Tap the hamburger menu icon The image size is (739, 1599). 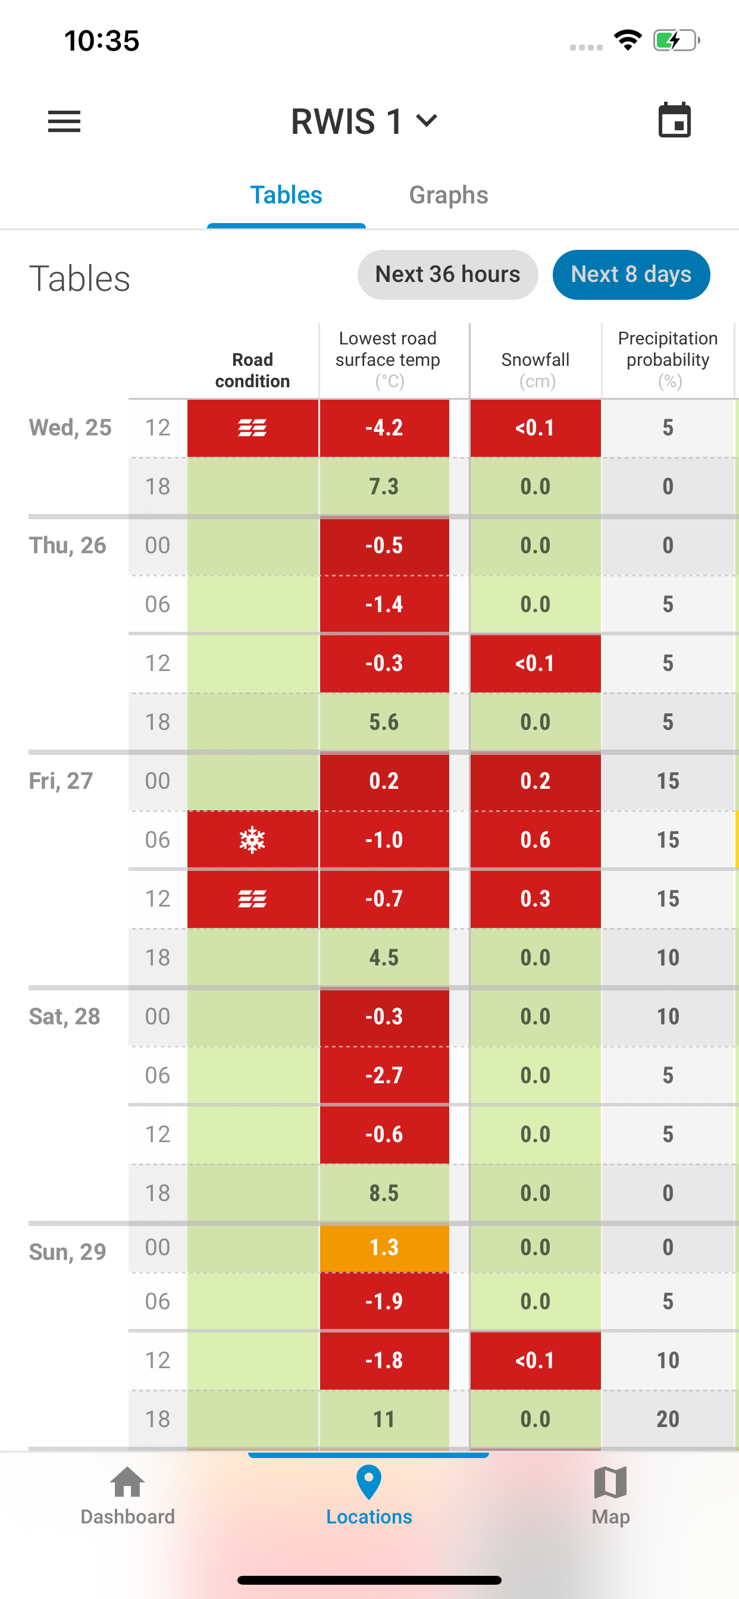pyautogui.click(x=64, y=121)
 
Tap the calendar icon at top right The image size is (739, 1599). pyautogui.click(x=674, y=120)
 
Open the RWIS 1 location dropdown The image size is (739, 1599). pyautogui.click(x=365, y=121)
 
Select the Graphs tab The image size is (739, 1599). pyautogui.click(x=449, y=195)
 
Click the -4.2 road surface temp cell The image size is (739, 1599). pyautogui.click(x=384, y=428)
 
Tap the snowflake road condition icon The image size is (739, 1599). pyautogui.click(x=252, y=840)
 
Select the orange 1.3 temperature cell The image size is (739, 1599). pyautogui.click(x=384, y=1247)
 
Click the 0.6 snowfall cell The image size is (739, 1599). pyautogui.click(x=536, y=840)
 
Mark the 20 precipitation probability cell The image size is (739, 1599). pyautogui.click(x=668, y=1419)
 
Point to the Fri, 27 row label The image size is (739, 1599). pyautogui.click(x=61, y=781)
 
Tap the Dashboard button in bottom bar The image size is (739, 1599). pyautogui.click(x=127, y=1496)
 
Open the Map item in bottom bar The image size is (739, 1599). pyautogui.click(x=610, y=1496)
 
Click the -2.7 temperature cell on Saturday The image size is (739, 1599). pyautogui.click(x=384, y=1075)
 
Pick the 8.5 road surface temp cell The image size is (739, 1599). pyautogui.click(x=384, y=1193)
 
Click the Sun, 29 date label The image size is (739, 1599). pyautogui.click(x=67, y=1252)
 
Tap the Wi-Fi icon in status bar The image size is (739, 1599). pyautogui.click(x=627, y=40)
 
